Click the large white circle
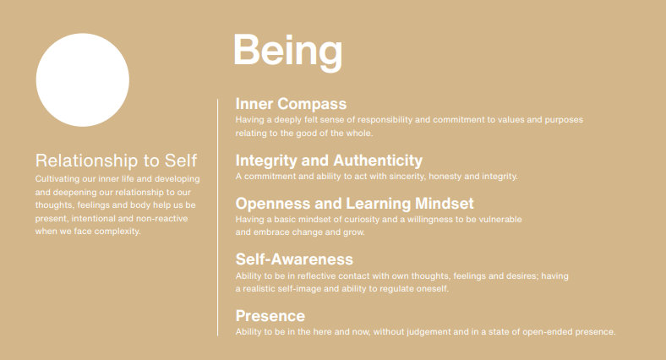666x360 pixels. tap(82, 79)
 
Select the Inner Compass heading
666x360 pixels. tap(291, 104)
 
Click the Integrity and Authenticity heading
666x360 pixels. tap(329, 161)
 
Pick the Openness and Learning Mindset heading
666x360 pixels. tap(355, 204)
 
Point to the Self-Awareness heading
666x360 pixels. tap(294, 259)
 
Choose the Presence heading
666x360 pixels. tap(270, 316)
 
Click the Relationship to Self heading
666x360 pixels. tap(116, 161)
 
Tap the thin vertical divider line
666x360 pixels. tap(217, 217)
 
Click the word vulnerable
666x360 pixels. tap(500, 220)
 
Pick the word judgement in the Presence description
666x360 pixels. tap(429, 332)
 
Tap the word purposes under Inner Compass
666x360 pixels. tap(564, 120)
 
